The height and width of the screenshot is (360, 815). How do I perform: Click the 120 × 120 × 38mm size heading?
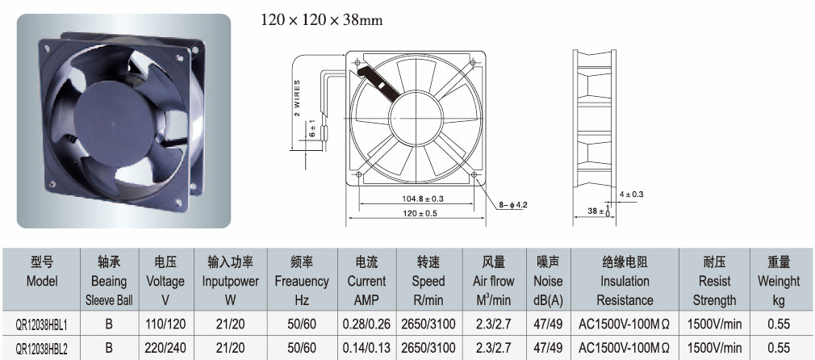click(x=321, y=21)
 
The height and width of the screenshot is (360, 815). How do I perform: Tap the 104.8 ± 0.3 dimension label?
click(x=416, y=199)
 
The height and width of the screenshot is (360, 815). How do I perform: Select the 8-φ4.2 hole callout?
click(x=513, y=205)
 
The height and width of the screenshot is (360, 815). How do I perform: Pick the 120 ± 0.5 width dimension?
click(x=416, y=212)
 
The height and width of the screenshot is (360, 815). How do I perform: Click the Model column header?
click(x=42, y=271)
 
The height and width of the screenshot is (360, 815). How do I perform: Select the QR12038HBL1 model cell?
click(x=42, y=325)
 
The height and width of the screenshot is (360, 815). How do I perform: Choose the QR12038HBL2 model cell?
click(x=42, y=348)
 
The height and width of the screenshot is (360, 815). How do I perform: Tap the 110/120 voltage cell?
click(x=165, y=324)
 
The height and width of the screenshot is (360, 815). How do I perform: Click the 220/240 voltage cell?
click(x=165, y=348)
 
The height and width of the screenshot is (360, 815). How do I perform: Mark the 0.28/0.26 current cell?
click(x=366, y=324)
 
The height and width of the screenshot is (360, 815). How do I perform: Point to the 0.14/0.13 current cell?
click(x=366, y=348)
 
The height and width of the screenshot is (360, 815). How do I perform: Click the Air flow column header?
click(x=493, y=282)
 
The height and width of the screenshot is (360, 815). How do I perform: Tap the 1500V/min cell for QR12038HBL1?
click(x=715, y=324)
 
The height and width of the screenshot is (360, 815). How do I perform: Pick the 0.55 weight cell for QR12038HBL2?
click(x=778, y=348)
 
